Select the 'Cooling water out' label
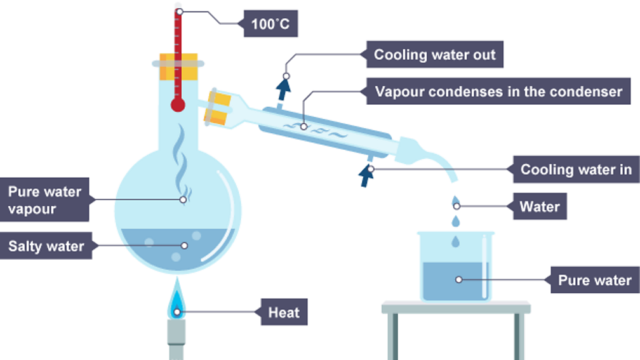pyautogui.click(x=434, y=55)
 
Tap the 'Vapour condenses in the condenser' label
pyautogui.click(x=498, y=91)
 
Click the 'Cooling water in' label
pyautogui.click(x=575, y=170)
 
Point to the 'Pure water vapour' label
pyautogui.click(x=45, y=199)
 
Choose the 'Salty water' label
pyautogui.click(x=46, y=246)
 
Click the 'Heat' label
pyautogui.click(x=284, y=312)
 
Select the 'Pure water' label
pyautogui.click(x=594, y=280)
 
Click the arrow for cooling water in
pyautogui.click(x=366, y=175)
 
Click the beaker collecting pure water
pyautogui.click(x=455, y=267)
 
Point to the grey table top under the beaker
pyautogui.click(x=455, y=307)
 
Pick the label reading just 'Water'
pyautogui.click(x=539, y=206)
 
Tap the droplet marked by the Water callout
pyautogui.click(x=456, y=203)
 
